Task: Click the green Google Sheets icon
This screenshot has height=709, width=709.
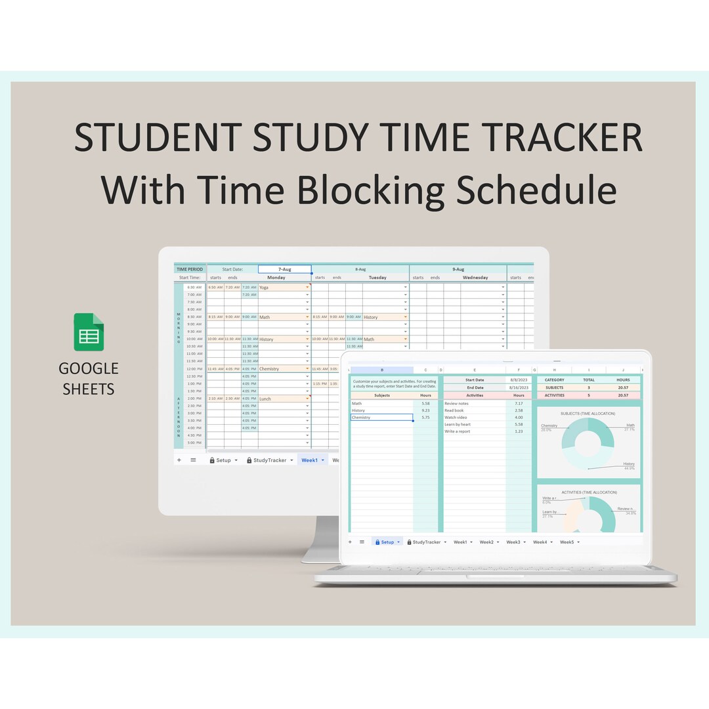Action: click(89, 332)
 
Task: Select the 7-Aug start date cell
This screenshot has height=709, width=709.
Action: click(285, 269)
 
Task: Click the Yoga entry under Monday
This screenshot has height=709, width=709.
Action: click(265, 288)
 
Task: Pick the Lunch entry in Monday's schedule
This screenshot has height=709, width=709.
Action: click(265, 398)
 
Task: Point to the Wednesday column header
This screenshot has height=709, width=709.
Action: click(475, 278)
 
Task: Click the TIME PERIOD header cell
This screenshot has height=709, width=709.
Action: click(190, 269)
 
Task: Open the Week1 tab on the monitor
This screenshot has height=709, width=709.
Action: click(309, 460)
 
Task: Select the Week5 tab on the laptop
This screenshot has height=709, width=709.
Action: click(567, 542)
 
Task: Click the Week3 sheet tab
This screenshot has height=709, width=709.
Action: click(513, 542)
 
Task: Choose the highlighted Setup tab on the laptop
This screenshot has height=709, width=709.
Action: click(387, 542)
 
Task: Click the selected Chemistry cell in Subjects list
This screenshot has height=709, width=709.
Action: click(381, 418)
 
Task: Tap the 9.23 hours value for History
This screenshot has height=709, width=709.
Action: click(426, 410)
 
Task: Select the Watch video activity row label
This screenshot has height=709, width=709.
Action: click(456, 418)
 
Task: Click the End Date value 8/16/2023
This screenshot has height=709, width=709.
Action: click(518, 387)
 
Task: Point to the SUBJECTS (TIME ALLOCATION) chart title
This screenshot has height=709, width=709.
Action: click(588, 414)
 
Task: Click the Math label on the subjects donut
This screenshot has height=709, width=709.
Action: click(630, 425)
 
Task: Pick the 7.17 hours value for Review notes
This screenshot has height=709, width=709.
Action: click(519, 403)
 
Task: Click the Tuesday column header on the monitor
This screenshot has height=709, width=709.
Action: click(377, 278)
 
